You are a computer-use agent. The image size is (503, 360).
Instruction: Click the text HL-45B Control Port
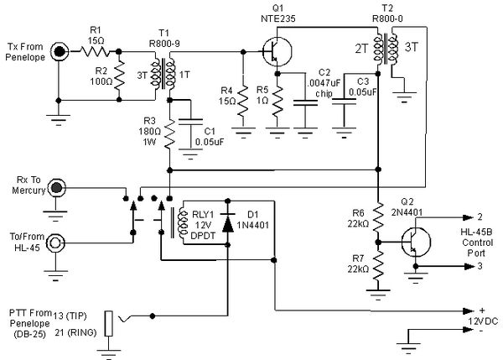coord(476,240)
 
